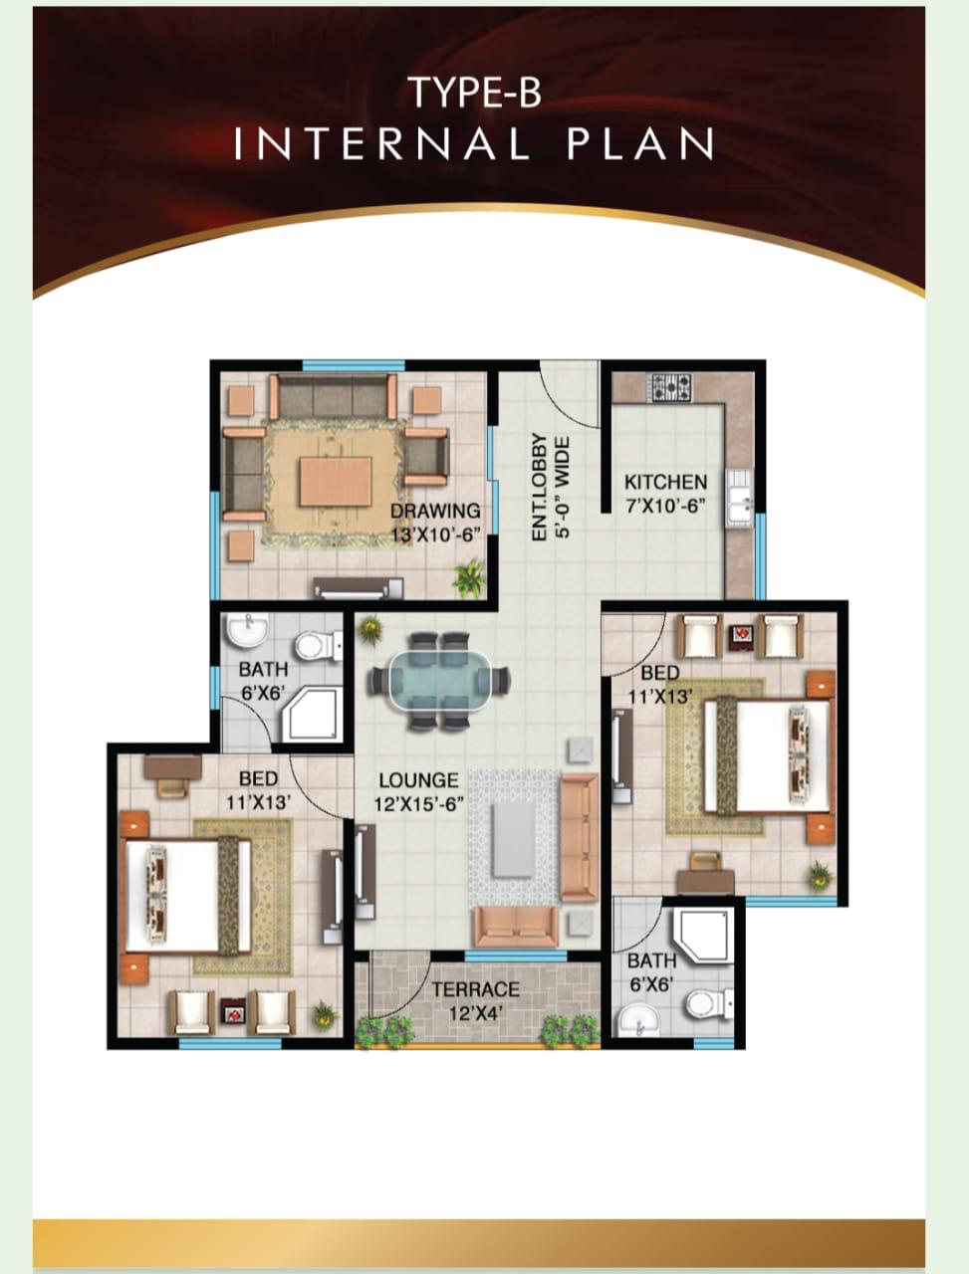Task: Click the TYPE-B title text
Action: [476, 93]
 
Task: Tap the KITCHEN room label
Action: [666, 483]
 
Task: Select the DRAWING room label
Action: [435, 511]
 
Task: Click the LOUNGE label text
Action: [418, 780]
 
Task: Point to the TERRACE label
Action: [475, 989]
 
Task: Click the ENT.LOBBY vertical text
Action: [540, 488]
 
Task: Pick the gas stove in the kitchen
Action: [672, 388]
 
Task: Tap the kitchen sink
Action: [740, 499]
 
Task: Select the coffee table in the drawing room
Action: [336, 481]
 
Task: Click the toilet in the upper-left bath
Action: [318, 645]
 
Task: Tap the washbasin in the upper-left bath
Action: [247, 630]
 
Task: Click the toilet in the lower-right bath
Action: [709, 1003]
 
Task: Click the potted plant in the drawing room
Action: [469, 578]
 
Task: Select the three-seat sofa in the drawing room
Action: [333, 396]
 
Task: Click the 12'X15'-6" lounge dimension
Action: [418, 804]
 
